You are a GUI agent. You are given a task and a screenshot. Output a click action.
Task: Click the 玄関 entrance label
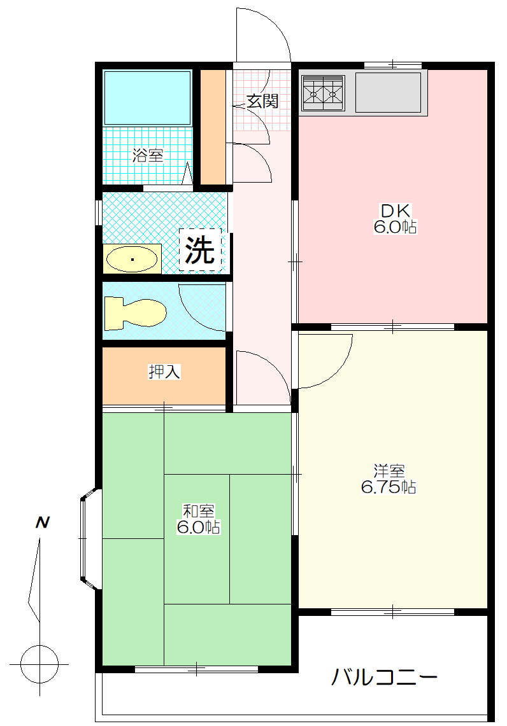click(262, 101)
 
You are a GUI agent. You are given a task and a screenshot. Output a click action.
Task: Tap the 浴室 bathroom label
click(148, 155)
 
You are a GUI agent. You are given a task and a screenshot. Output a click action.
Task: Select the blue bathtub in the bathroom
click(147, 97)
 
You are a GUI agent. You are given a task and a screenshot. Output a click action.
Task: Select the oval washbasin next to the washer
click(132, 259)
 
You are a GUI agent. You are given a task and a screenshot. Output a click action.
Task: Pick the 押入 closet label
click(164, 372)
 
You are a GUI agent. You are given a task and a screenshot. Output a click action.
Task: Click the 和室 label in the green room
click(198, 511)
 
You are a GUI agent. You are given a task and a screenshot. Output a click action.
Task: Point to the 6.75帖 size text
click(389, 487)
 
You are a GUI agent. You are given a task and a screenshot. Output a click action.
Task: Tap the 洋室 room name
click(389, 471)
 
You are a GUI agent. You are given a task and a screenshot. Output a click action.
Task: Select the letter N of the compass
click(43, 523)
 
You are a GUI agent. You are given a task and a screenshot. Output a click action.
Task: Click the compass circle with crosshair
click(39, 663)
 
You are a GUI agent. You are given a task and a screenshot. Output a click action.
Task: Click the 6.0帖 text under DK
click(395, 227)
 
